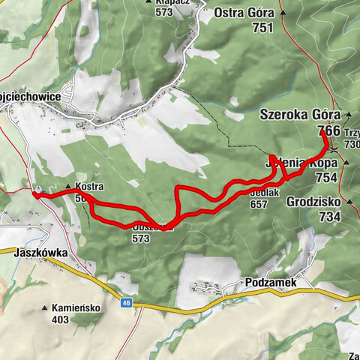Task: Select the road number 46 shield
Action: point(126,303)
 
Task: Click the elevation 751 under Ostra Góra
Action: point(262,28)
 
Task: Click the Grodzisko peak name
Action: point(313,202)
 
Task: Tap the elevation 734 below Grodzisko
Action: point(328,217)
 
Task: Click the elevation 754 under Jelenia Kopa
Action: point(326,177)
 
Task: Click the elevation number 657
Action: point(259,204)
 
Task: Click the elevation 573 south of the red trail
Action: point(140,239)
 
